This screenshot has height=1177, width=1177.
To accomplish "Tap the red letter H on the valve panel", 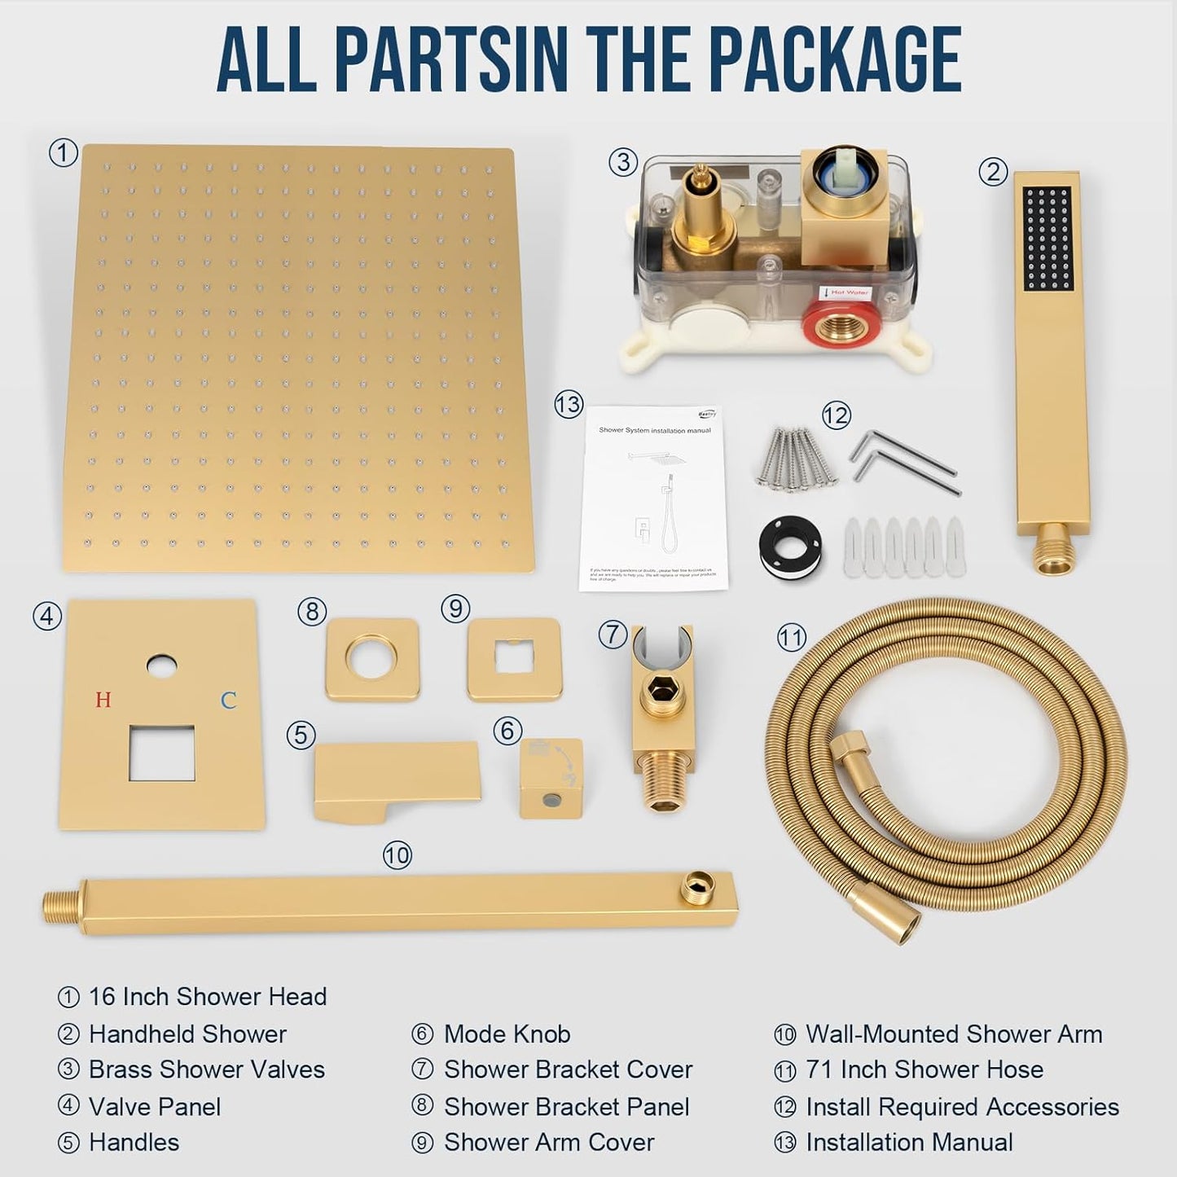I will pos(103,700).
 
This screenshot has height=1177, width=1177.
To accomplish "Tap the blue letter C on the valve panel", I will pos(229,700).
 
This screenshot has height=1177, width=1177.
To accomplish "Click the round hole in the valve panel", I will pos(161,666).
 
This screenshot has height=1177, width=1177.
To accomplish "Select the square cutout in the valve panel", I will pos(161,752).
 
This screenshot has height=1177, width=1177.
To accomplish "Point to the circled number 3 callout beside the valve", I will pos(623,162).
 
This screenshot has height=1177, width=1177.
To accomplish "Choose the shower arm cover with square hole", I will pos(515,659).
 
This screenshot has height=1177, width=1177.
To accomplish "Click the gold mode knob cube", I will pos(551,778).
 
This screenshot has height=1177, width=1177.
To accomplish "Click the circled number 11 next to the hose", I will pos(791,637).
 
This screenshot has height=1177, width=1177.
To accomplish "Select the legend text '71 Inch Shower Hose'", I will pos(924,1069).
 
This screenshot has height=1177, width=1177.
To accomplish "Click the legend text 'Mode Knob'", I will pos(507,1034).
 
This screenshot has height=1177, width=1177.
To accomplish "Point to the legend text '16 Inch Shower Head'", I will pos(207,996).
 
